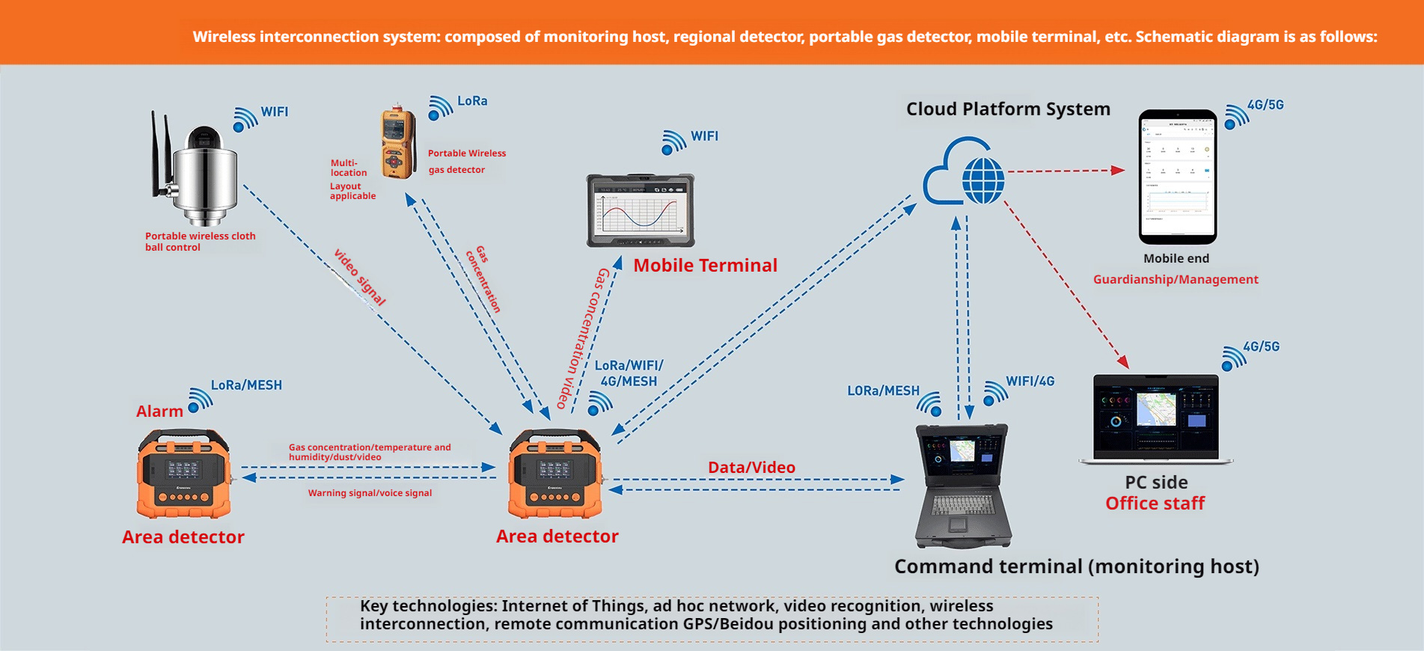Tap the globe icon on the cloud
click(x=983, y=180)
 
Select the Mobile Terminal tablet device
click(x=641, y=210)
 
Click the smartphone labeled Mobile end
click(x=1177, y=177)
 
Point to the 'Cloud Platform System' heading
click(x=1007, y=109)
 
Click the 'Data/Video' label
click(x=751, y=468)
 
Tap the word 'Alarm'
click(x=159, y=411)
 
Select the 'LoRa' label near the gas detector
click(x=472, y=101)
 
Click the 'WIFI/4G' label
click(x=1030, y=381)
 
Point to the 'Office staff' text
click(x=1155, y=504)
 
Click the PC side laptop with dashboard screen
click(x=1155, y=419)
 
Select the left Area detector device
click(x=183, y=474)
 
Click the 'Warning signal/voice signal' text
click(x=370, y=493)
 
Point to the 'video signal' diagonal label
click(x=360, y=278)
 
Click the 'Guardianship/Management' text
click(x=1175, y=280)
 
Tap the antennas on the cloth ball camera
click(x=160, y=153)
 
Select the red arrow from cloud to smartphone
click(x=1066, y=171)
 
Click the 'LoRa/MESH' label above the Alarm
click(x=246, y=385)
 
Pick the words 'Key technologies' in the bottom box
click(x=427, y=606)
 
